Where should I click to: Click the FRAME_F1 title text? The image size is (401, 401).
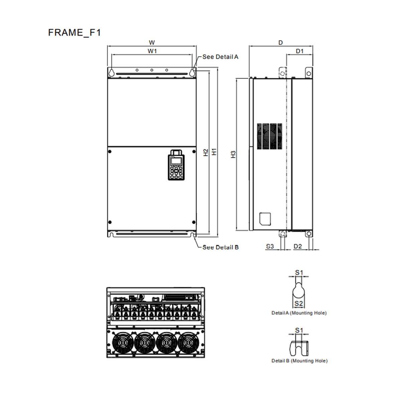point(74,33)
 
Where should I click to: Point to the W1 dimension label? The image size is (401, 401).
point(152,51)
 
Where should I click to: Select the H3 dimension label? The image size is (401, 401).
point(234,154)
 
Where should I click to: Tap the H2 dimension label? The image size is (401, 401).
point(206,152)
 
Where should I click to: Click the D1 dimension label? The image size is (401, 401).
point(300,51)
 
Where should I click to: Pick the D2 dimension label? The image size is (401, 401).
point(298,246)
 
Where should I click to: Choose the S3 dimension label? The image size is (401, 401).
point(270,246)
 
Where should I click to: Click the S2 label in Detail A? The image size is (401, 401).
point(299,304)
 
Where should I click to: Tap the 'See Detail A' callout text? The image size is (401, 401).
point(220,57)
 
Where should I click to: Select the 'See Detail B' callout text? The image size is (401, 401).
point(220,247)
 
